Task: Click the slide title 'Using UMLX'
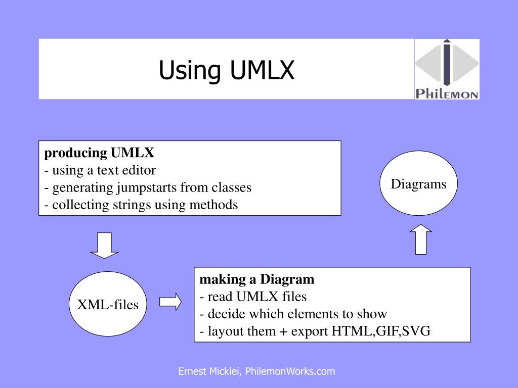tap(226, 70)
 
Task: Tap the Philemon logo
tap(447, 69)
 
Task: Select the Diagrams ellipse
tap(418, 184)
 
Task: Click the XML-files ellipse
tap(107, 305)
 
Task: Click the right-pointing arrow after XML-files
tap(170, 302)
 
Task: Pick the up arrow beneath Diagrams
tap(420, 239)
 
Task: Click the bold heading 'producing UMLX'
tap(99, 153)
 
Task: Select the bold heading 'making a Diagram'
tap(257, 279)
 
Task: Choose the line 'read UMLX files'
tap(256, 297)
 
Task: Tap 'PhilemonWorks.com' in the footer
tap(290, 372)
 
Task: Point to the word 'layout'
tap(221, 331)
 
